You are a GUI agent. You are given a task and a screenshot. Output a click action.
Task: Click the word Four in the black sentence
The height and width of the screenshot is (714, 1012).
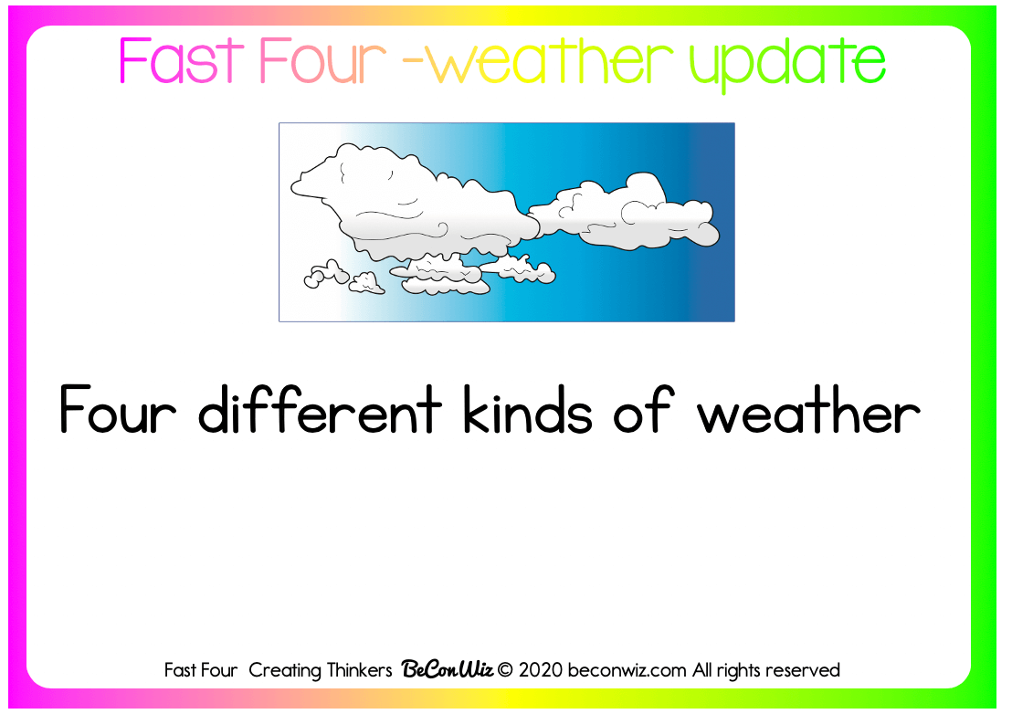118,410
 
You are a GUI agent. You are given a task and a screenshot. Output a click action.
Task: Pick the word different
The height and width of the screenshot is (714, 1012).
320,409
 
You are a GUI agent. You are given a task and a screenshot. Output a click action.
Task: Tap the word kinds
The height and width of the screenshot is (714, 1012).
527,409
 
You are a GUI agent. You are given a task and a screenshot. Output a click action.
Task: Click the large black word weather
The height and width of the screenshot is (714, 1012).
808,409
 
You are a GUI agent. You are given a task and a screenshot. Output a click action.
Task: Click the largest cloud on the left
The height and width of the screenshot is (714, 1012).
413,204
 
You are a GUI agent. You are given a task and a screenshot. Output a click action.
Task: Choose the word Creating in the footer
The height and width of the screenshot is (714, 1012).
285,671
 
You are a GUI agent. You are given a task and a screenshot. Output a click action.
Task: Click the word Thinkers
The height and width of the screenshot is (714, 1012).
359,670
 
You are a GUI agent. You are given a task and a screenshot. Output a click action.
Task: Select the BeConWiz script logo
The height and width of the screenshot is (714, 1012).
448,669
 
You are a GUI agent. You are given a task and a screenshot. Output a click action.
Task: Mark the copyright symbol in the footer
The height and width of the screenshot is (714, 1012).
505,670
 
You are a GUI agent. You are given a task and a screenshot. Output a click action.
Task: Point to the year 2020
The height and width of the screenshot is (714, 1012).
540,670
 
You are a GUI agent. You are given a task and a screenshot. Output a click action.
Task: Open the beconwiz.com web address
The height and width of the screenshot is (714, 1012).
627,670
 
